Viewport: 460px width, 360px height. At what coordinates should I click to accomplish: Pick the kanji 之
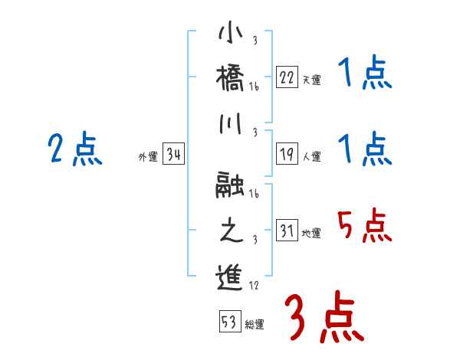pos(230,231)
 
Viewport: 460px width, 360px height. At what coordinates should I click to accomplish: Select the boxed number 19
pos(287,154)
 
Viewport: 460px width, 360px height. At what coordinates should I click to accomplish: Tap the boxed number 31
pos(287,231)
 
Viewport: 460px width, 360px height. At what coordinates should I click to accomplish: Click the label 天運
pos(312,79)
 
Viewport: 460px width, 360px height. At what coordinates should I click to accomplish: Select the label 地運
pos(312,234)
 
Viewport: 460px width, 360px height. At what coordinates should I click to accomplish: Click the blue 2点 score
pos(75,149)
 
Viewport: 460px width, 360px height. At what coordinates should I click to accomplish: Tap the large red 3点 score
pos(324,316)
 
